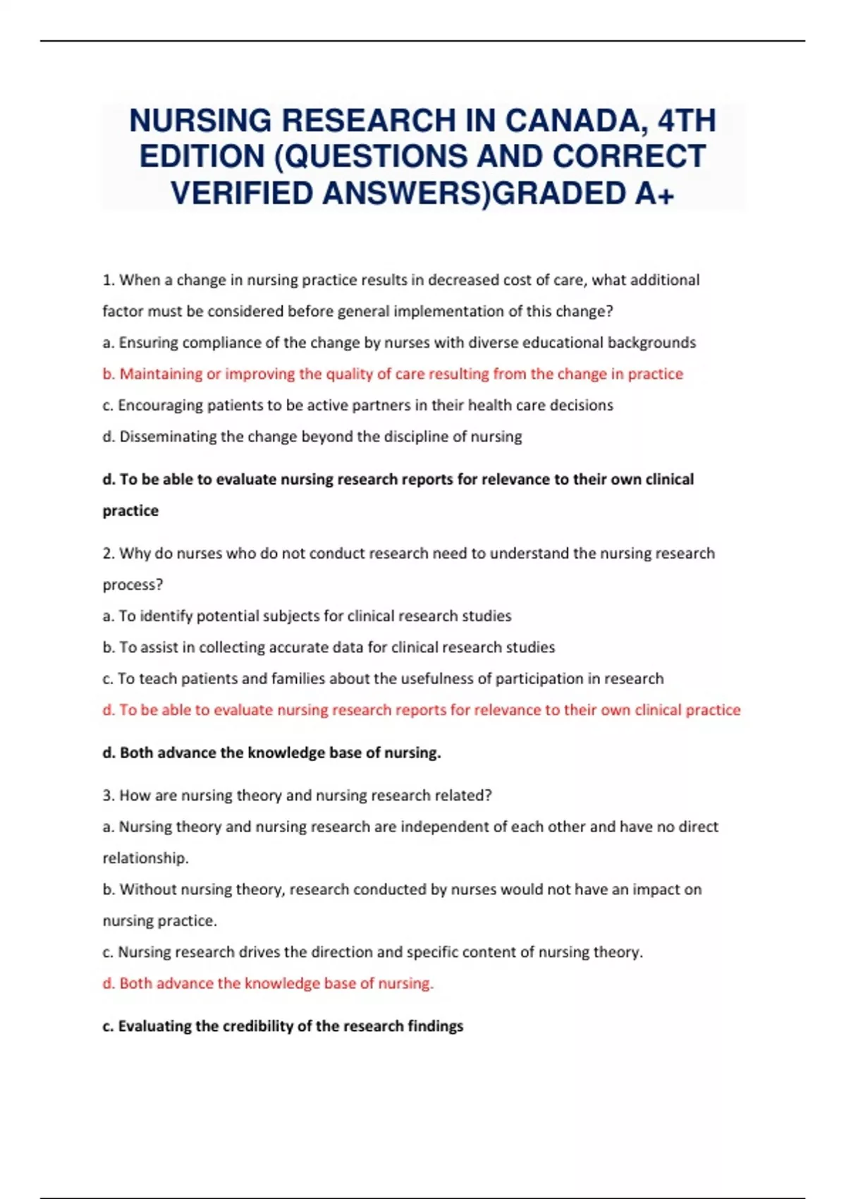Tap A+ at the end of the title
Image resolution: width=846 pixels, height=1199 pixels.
(x=654, y=193)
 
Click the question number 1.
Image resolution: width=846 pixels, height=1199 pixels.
(x=108, y=280)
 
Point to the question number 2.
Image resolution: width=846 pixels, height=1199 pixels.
(x=108, y=553)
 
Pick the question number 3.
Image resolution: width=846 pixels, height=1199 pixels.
(x=108, y=796)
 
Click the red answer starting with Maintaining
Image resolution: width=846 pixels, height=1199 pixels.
(x=393, y=374)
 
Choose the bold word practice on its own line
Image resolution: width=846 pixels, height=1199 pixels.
(x=130, y=511)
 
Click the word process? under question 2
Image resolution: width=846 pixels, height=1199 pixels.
(x=133, y=585)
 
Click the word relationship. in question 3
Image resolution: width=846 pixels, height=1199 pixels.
(x=146, y=858)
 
